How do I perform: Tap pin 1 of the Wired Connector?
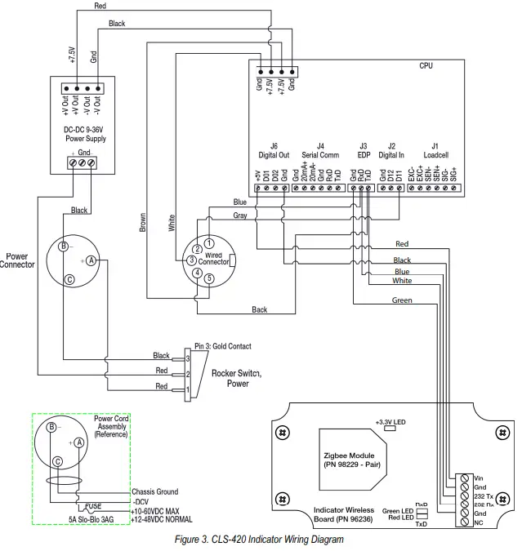(209, 242)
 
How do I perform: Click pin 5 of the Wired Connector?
(208, 278)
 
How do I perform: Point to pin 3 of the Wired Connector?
(190, 260)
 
